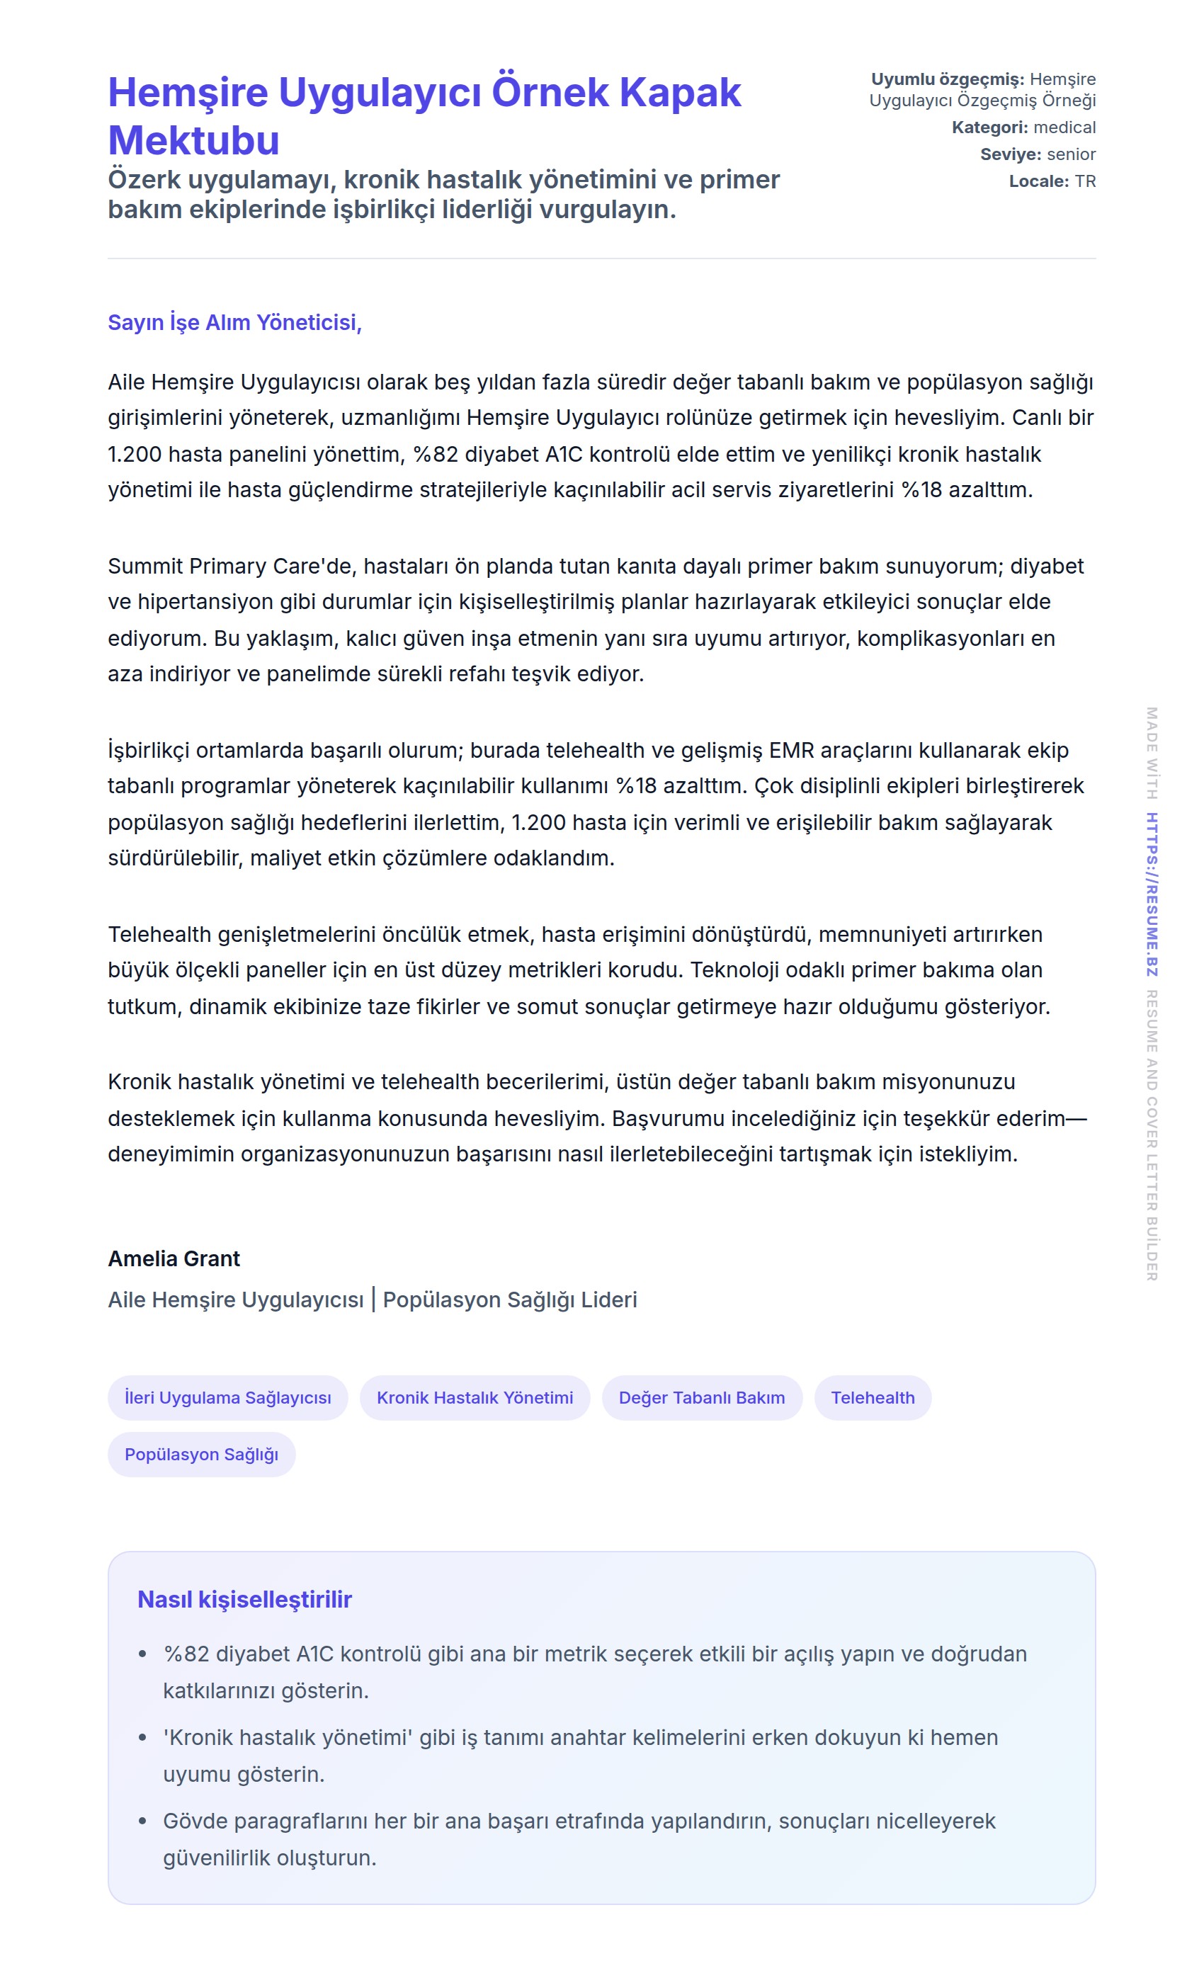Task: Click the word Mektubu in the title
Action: coord(194,140)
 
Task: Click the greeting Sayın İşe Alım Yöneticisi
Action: coord(234,322)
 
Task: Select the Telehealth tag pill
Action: coord(872,1397)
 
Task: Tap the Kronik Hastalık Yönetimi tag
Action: coord(475,1397)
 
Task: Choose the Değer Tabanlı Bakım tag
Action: coord(701,1397)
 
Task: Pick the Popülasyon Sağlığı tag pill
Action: coord(201,1454)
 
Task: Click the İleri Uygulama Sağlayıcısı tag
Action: coord(227,1397)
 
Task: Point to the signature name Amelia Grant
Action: coord(174,1258)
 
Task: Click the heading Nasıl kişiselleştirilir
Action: coord(244,1599)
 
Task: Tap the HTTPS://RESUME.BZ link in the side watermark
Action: coord(1151,894)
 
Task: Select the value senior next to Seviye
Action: coord(1071,154)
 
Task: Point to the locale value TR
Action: coord(1085,181)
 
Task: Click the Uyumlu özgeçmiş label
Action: coord(947,79)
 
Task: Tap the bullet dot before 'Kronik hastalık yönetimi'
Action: coord(142,1738)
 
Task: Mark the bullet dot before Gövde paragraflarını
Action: coord(142,1821)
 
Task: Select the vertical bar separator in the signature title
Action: coord(373,1299)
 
